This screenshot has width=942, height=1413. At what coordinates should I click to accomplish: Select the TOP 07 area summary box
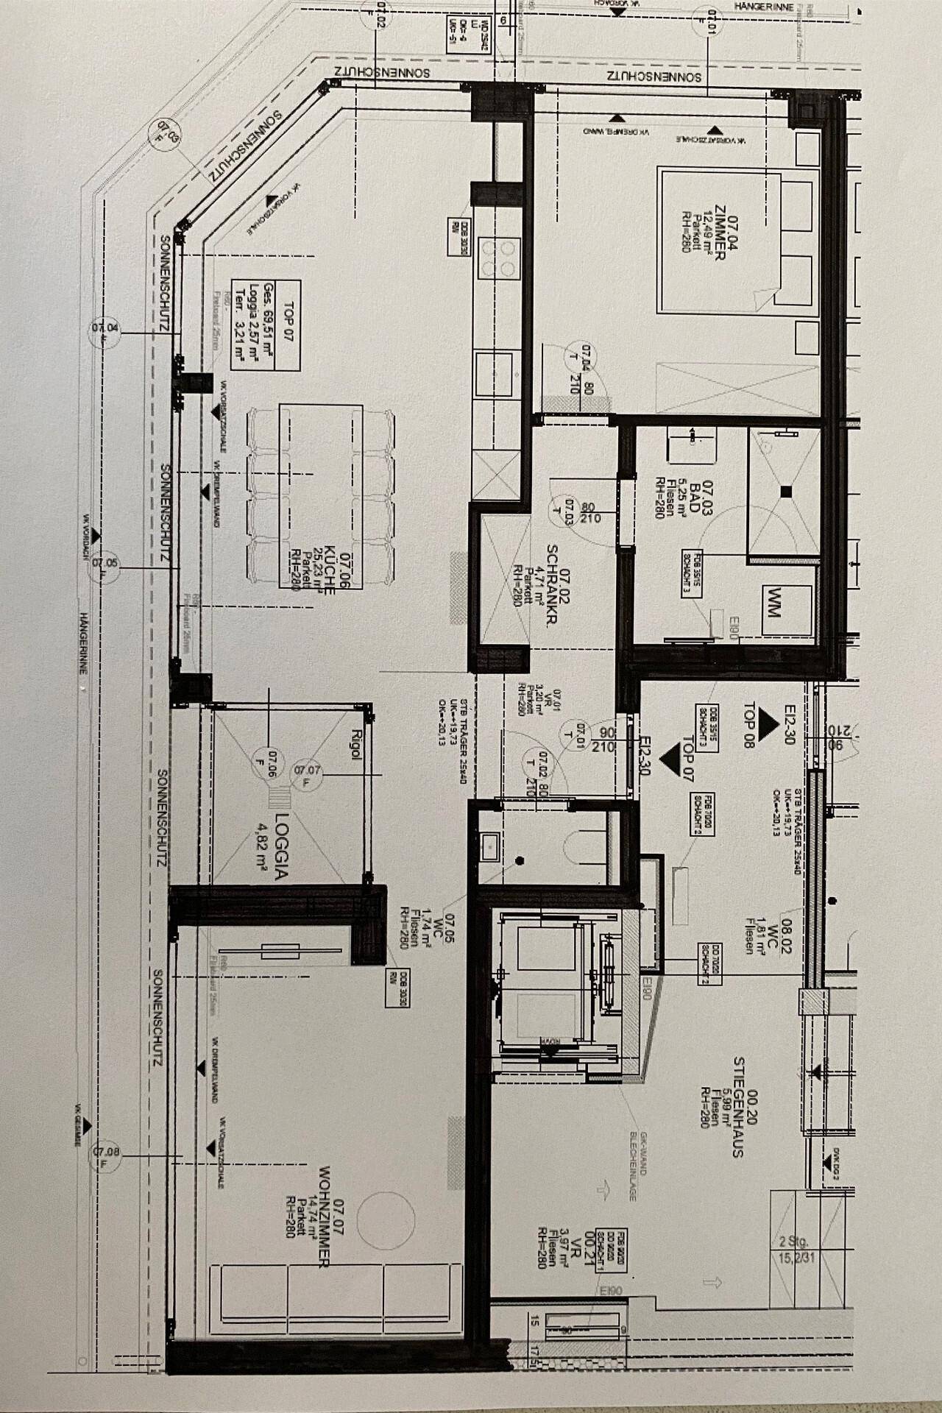pyautogui.click(x=265, y=325)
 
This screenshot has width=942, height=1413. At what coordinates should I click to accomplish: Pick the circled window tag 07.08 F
pyautogui.click(x=107, y=1158)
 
